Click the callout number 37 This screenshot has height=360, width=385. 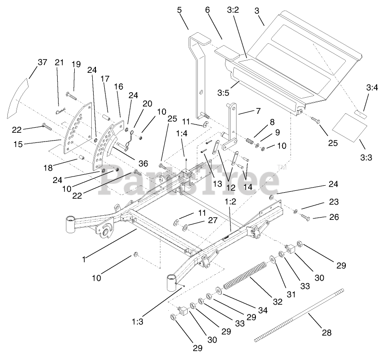click(x=42, y=62)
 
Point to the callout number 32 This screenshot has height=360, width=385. click(x=278, y=302)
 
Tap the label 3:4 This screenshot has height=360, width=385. click(x=372, y=87)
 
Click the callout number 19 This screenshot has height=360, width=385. click(x=76, y=64)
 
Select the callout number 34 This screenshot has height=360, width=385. click(x=263, y=311)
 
